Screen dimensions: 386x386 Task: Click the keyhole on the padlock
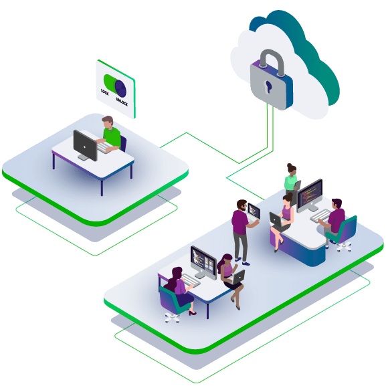[x=268, y=87]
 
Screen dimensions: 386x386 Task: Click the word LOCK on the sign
[x=104, y=92]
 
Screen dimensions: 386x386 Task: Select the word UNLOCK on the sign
[x=122, y=102]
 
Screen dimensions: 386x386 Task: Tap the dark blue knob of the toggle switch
[x=120, y=88]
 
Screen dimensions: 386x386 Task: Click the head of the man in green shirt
[x=108, y=122]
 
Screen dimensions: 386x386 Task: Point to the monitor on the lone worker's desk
[x=85, y=145]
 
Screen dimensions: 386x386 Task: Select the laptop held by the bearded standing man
[x=254, y=212]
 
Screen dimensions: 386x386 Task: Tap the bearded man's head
[x=242, y=205]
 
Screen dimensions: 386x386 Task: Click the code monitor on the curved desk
[x=310, y=195]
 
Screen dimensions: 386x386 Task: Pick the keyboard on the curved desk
[x=320, y=215]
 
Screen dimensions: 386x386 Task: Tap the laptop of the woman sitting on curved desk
[x=276, y=220]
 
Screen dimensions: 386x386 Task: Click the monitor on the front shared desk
[x=203, y=262]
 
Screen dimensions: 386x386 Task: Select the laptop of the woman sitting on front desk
[x=237, y=277]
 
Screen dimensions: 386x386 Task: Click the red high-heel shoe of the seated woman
[x=192, y=313]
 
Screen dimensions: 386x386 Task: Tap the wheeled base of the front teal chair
[x=172, y=318]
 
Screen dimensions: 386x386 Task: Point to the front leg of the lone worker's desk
[x=102, y=187]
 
